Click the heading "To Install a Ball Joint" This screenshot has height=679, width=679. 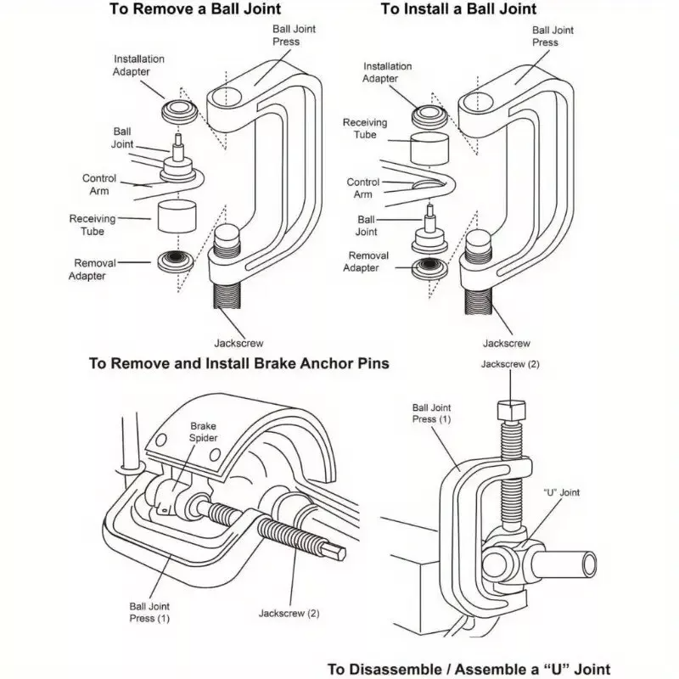pyautogui.click(x=458, y=9)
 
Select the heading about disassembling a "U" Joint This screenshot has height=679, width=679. pyautogui.click(x=469, y=669)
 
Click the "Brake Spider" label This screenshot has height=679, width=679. pyautogui.click(x=204, y=432)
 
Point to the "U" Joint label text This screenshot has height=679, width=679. pyautogui.click(x=561, y=493)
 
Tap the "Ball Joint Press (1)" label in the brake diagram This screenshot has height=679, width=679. pyautogui.click(x=150, y=612)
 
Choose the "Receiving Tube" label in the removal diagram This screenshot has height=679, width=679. pyautogui.click(x=87, y=225)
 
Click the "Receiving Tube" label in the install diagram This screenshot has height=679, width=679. pyautogui.click(x=365, y=128)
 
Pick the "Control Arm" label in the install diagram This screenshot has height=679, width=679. pyautogui.click(x=363, y=188)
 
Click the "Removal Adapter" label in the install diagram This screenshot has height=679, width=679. pyautogui.click(x=368, y=261)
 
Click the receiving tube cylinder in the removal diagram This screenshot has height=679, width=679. pyautogui.click(x=177, y=217)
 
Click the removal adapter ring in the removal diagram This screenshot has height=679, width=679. pyautogui.click(x=177, y=261)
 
